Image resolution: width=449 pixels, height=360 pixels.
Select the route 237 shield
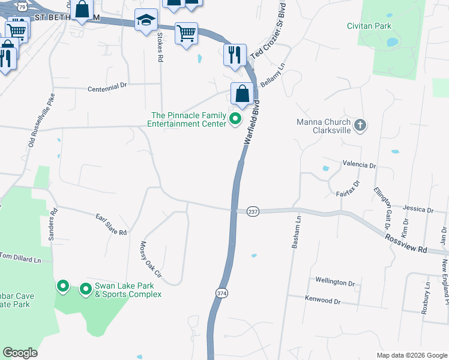(x=253, y=212)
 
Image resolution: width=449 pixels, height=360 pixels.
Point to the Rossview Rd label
(x=405, y=241)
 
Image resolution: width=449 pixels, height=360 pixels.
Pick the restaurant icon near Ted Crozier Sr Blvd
(x=233, y=54)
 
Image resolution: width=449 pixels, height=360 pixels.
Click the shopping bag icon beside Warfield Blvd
(x=243, y=94)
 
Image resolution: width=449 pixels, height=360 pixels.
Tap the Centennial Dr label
(x=108, y=86)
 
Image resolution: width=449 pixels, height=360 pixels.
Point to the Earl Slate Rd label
(x=112, y=224)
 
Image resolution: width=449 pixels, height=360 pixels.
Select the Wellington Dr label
(x=335, y=281)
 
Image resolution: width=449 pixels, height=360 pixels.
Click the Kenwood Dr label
(x=322, y=299)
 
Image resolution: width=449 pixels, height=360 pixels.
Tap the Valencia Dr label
(x=359, y=164)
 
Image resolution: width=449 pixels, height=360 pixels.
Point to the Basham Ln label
(x=296, y=233)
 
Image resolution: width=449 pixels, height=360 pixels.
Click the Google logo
(x=20, y=353)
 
